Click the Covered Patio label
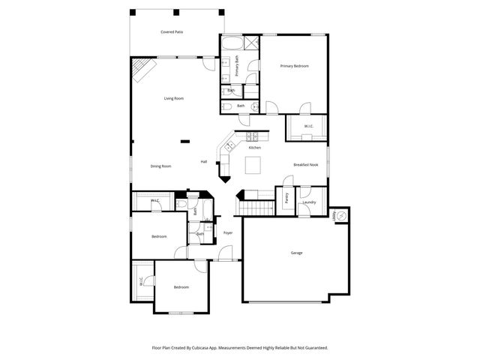[x=172, y=32]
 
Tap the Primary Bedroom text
[x=295, y=66]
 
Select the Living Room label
[x=174, y=98]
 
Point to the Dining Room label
[x=160, y=166]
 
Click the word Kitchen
[x=255, y=148]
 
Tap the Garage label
[x=297, y=253]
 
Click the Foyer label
[x=228, y=233]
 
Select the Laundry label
[x=309, y=202]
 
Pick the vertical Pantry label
[x=287, y=199]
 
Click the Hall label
[x=203, y=162]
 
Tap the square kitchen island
[x=254, y=165]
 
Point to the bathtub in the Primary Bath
[x=231, y=43]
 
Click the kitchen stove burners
[x=251, y=136]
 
